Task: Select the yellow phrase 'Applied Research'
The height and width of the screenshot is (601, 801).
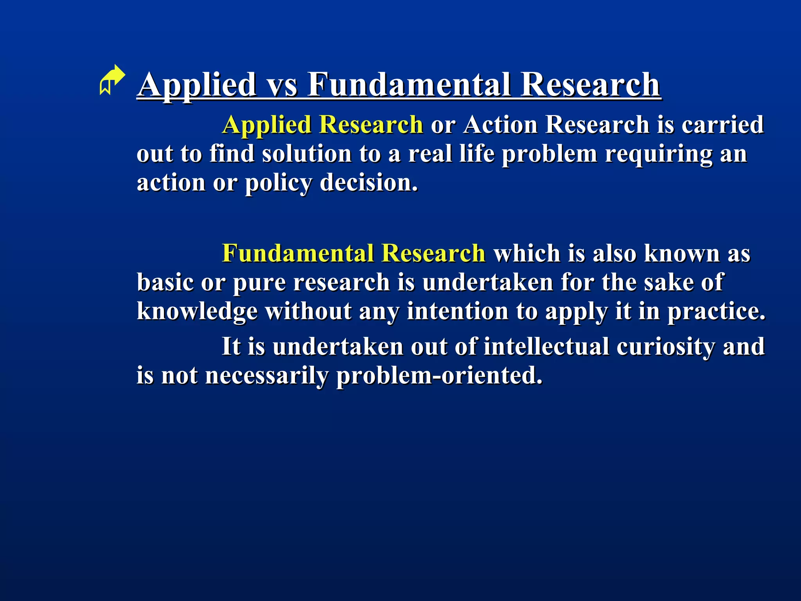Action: pos(322,125)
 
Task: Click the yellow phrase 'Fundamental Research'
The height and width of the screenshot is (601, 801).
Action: pos(354,253)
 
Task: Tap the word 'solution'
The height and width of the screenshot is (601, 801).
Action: pos(307,154)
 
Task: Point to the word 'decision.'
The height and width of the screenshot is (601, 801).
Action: pos(369,183)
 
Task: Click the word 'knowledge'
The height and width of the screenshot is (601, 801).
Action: pos(197,312)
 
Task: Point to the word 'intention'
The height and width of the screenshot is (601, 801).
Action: pos(457,311)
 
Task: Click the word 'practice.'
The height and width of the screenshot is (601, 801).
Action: pos(716,312)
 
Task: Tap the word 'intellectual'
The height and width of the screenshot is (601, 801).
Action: pos(546,347)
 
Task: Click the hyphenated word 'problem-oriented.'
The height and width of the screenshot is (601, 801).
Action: pos(439,376)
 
